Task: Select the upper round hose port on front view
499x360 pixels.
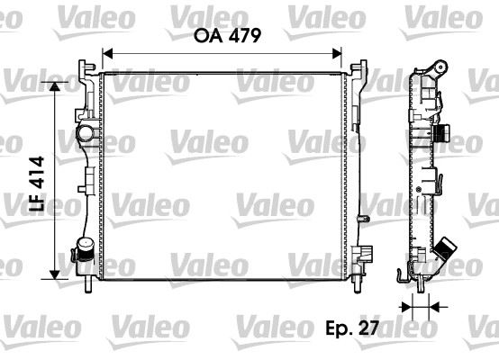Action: click(87, 134)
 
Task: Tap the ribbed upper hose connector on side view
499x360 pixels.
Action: click(441, 136)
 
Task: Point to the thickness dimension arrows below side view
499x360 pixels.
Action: click(420, 308)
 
